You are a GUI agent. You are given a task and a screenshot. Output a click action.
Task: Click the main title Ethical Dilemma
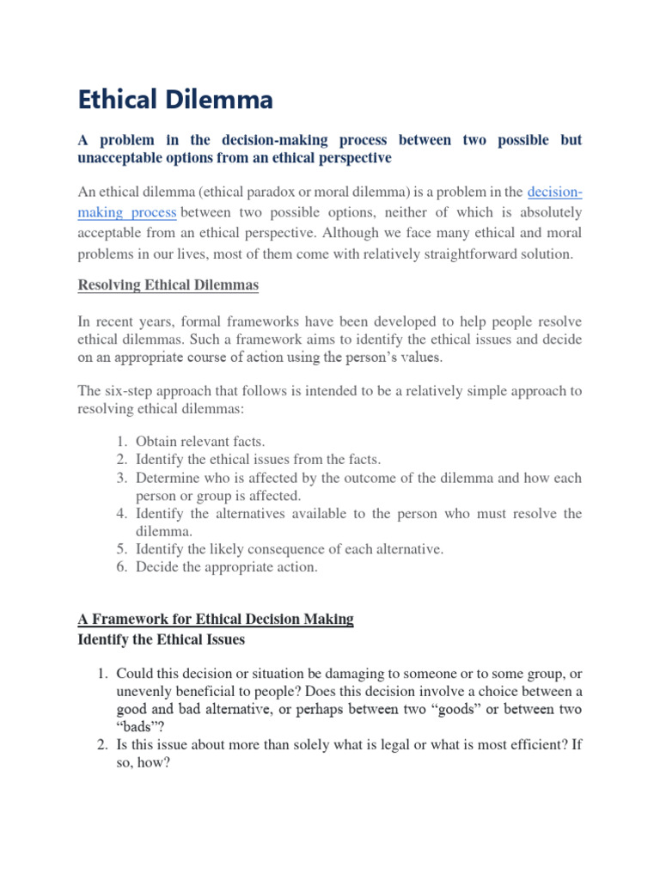pyautogui.click(x=175, y=101)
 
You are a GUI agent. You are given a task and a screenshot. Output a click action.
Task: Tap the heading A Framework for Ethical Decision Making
pyautogui.click(x=216, y=619)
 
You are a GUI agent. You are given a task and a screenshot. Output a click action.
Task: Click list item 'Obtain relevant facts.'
pyautogui.click(x=200, y=442)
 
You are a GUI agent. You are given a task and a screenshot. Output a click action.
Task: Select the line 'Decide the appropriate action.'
pyautogui.click(x=226, y=567)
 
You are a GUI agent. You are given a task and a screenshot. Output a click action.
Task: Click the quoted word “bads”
pyautogui.click(x=137, y=729)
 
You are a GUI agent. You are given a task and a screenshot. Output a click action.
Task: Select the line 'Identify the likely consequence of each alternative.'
pyautogui.click(x=290, y=549)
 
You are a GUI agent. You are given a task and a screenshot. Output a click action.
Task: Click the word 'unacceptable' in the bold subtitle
pyautogui.click(x=119, y=158)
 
